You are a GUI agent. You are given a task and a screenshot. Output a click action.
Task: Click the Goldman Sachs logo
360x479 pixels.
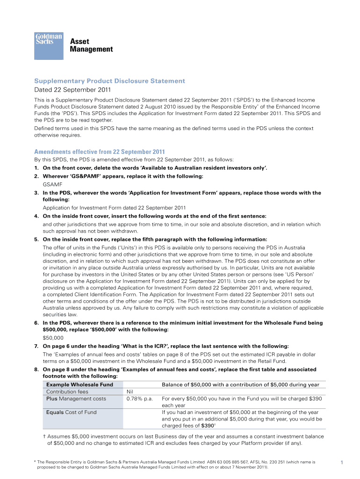coord(49,45)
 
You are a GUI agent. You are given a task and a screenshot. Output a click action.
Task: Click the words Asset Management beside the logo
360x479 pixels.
coord(91,45)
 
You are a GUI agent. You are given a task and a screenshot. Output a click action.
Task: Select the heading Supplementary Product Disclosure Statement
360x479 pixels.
coord(110,81)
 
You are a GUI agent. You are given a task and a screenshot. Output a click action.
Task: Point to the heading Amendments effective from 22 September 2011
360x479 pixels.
coord(100,152)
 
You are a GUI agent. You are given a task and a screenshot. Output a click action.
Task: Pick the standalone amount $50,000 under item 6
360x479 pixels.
coord(53,337)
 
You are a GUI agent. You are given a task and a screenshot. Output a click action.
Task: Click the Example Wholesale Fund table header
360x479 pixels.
coord(79,385)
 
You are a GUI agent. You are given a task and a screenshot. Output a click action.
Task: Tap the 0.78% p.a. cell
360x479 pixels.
coord(140,399)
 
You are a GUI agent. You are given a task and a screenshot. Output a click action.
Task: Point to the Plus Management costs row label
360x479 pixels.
coord(76,399)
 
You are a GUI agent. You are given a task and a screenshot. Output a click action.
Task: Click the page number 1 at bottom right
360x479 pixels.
coord(342,463)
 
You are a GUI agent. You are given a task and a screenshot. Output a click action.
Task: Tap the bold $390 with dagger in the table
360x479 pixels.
coord(209,426)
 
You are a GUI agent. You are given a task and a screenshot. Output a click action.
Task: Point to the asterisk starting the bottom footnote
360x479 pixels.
coord(36,462)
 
